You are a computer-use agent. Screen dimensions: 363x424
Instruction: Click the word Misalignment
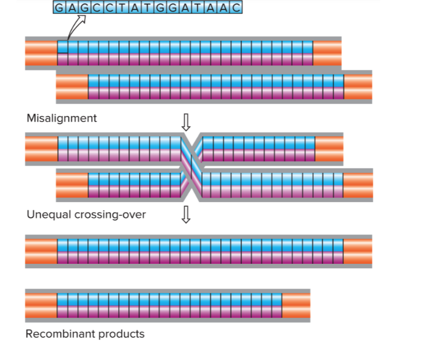click(x=62, y=118)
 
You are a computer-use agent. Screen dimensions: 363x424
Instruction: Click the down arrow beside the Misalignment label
click(x=186, y=122)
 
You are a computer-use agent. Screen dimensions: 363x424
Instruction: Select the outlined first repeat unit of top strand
click(x=63, y=47)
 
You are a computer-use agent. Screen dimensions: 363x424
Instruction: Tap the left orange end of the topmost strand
click(x=41, y=53)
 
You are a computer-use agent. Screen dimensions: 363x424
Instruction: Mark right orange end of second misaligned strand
click(x=358, y=87)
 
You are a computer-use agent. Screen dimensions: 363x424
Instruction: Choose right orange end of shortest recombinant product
click(x=296, y=305)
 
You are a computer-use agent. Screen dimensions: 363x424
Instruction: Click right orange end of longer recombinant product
click(x=358, y=251)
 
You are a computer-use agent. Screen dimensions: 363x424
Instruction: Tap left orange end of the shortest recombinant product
click(x=41, y=305)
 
